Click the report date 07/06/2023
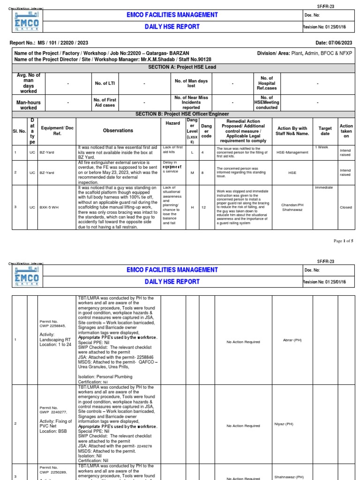(x=334, y=43)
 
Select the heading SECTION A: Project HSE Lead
(x=180, y=67)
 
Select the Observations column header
(x=118, y=130)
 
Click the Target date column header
(x=325, y=131)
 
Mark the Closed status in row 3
(x=346, y=207)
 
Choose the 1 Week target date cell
(x=321, y=147)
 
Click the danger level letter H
(x=192, y=207)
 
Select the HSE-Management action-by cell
(x=292, y=152)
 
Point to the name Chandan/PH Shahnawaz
(x=292, y=207)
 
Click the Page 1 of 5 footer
(x=343, y=240)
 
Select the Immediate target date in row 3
(x=323, y=187)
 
